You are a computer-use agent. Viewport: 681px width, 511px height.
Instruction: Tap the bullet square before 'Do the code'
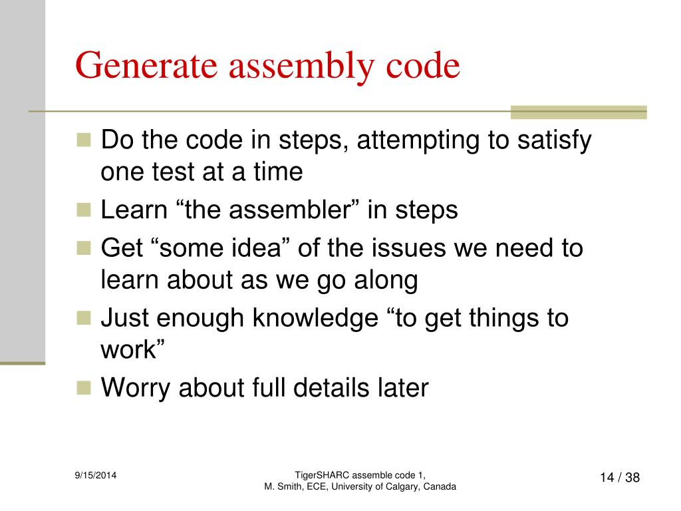pos(83,140)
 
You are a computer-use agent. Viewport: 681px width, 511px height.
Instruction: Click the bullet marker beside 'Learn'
pos(83,210)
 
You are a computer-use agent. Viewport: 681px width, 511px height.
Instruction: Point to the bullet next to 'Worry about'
pos(83,387)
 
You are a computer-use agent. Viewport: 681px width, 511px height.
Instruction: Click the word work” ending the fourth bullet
pos(132,350)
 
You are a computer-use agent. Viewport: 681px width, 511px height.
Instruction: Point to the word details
pos(335,387)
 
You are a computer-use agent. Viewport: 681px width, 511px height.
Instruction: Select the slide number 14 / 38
pos(619,478)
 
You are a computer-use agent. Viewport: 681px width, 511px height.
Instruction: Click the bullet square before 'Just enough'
pos(83,318)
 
